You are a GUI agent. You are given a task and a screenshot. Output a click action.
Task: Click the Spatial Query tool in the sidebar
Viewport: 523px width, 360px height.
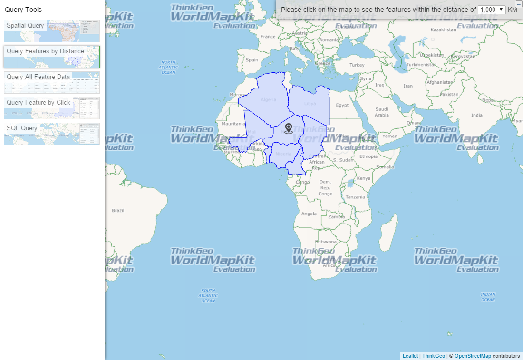click(52, 31)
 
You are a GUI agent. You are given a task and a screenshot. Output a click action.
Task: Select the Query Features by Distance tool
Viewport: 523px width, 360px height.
click(52, 57)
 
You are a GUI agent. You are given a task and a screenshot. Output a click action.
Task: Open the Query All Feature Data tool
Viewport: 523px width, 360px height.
click(52, 82)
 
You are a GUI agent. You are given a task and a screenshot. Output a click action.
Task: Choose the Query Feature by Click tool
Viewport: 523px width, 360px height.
click(52, 108)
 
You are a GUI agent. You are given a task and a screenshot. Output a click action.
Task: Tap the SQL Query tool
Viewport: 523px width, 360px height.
click(52, 134)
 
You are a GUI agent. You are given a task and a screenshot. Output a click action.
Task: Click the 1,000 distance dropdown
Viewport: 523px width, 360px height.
click(492, 10)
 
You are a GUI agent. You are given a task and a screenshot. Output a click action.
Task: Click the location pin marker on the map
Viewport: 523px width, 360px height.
click(289, 128)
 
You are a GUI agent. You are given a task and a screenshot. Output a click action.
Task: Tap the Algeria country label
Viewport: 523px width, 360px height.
click(269, 99)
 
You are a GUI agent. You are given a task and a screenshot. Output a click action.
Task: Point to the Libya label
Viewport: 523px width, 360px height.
click(310, 103)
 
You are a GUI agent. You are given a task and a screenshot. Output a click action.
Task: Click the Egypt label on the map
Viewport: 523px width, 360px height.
click(342, 105)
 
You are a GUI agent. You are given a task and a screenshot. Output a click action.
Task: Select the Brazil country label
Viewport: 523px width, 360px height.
click(118, 210)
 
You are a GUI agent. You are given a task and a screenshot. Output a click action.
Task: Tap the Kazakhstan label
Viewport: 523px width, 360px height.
click(443, 29)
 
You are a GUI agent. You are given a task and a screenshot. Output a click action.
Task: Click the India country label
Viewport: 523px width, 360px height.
click(476, 115)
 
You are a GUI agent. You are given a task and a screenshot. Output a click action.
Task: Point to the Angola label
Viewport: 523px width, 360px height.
click(309, 214)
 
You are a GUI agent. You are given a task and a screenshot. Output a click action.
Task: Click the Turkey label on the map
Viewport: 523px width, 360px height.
click(357, 65)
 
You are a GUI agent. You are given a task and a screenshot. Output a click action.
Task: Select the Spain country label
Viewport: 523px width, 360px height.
click(252, 60)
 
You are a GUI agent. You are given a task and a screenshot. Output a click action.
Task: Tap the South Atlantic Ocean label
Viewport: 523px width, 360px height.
click(208, 295)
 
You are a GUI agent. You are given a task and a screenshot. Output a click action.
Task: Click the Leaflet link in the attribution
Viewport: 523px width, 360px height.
click(410, 356)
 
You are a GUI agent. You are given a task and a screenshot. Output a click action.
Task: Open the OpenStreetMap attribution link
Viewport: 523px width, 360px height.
click(473, 356)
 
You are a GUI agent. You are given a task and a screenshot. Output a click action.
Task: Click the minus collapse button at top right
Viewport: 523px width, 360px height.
click(519, 4)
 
